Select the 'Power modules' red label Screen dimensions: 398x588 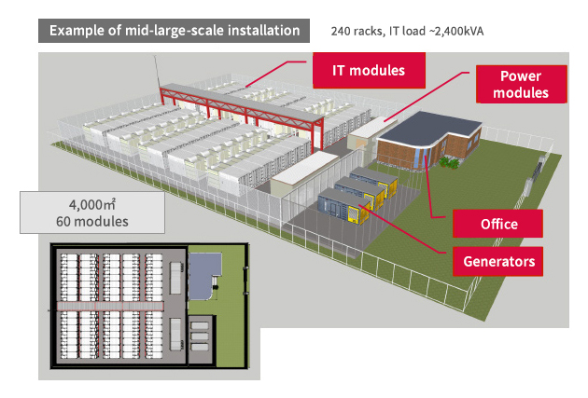[521, 85]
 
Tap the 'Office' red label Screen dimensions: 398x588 [498, 224]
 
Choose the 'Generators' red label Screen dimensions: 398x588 [498, 261]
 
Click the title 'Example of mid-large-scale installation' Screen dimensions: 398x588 [174, 31]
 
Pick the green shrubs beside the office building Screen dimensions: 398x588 [449, 161]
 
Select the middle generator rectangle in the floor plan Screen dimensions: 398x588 [200, 333]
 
